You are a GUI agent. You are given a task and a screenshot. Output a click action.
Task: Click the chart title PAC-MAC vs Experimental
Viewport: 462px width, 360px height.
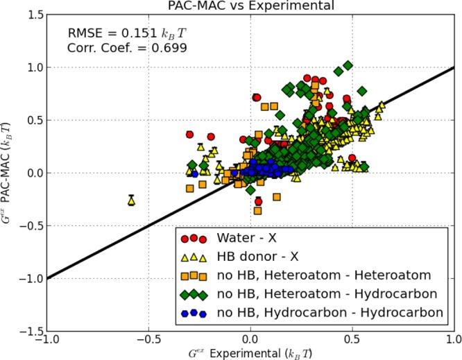[250, 6]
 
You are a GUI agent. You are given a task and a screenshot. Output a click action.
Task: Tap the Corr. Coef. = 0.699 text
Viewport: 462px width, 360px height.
[127, 48]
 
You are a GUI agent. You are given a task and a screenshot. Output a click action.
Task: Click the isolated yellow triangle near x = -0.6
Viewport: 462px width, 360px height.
[131, 200]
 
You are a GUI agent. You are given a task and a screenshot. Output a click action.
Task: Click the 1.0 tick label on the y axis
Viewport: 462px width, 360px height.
[30, 67]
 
